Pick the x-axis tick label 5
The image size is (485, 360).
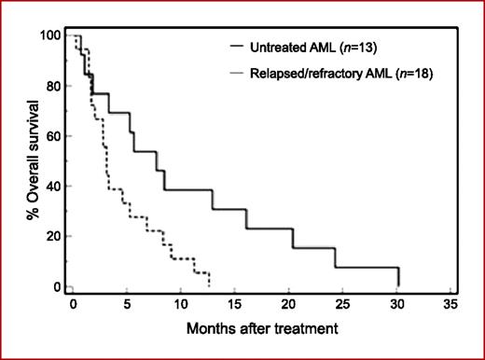127,304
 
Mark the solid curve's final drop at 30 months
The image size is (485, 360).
398,277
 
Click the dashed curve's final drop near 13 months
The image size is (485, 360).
209,279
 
